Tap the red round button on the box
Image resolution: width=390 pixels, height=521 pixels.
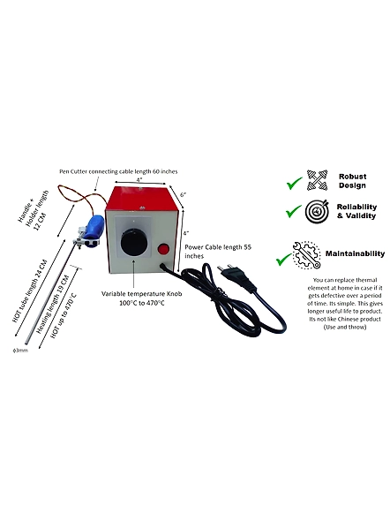pos(162,249)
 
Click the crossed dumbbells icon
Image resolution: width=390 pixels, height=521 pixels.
pos(317,180)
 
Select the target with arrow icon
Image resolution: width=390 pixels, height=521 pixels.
pos(318,211)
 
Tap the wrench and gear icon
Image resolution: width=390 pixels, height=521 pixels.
pos(307,255)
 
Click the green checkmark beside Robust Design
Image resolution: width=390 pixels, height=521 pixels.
pos(294,183)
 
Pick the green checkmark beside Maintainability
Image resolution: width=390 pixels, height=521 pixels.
pos(284,259)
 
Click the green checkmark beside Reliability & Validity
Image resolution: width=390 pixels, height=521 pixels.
pos(294,211)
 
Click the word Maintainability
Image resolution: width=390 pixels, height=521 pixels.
pos(355,253)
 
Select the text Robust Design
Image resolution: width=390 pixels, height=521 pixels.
pos(352,181)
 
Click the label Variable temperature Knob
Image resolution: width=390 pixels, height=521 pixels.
pos(142,294)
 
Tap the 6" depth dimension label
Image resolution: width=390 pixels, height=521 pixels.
pos(184,194)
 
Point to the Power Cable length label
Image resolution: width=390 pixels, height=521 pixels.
pos(218,252)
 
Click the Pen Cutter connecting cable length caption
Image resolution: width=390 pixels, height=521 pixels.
pos(118,171)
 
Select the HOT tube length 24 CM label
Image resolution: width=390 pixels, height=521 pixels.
pos(30,291)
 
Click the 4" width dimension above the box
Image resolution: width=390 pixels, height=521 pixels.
pos(139,179)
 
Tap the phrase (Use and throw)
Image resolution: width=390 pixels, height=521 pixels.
pos(345,327)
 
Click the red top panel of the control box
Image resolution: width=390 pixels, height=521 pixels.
pos(143,199)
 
